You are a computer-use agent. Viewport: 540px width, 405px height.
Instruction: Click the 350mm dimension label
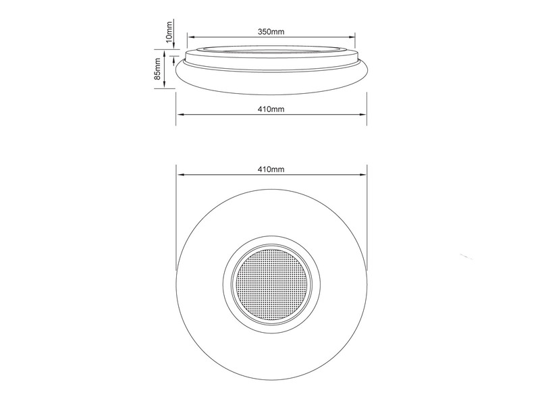[271, 31]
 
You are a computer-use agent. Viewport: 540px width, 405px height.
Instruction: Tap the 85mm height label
[159, 69]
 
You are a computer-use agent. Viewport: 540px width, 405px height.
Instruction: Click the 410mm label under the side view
[271, 109]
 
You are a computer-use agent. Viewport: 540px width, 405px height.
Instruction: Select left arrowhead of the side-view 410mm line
[178, 115]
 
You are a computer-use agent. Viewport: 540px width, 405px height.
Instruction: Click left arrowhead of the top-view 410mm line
[178, 175]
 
